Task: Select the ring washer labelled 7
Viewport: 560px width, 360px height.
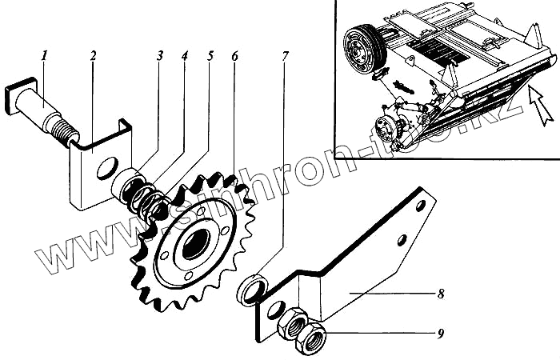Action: (252, 288)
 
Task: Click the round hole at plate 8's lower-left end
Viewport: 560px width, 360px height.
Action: (276, 311)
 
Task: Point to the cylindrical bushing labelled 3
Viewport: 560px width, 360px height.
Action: (125, 186)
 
